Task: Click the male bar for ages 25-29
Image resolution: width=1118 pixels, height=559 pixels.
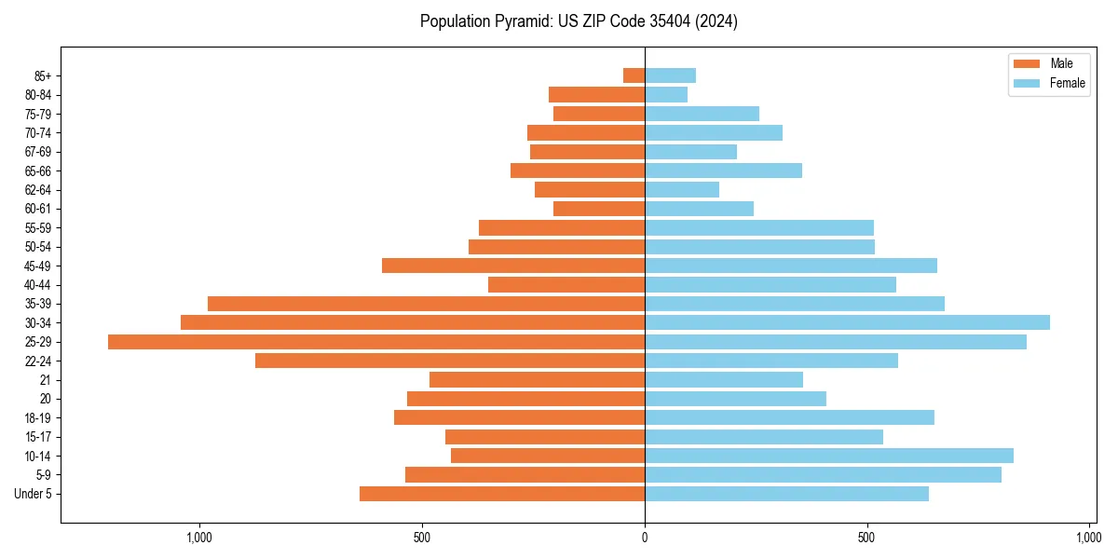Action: (376, 342)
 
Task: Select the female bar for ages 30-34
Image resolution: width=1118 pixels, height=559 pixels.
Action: (847, 322)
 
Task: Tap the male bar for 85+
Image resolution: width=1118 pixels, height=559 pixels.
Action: (634, 75)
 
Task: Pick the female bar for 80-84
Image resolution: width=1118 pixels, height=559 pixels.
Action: (666, 94)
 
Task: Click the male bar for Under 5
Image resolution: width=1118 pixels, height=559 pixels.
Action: (502, 494)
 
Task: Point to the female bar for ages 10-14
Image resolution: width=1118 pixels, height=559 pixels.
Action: (829, 456)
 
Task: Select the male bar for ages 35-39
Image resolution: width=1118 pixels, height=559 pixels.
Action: (426, 304)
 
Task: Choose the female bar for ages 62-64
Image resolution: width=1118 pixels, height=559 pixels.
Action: (682, 189)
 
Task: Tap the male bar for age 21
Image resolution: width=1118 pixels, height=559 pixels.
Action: (537, 379)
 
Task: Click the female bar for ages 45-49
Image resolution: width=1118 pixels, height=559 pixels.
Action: (791, 266)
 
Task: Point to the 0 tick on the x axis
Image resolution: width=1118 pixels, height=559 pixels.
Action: (645, 538)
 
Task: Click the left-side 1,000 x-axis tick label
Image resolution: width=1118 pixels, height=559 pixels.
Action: (199, 538)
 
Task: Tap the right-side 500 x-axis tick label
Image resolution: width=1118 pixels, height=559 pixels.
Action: (866, 538)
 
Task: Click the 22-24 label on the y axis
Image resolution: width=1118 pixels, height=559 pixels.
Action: (38, 361)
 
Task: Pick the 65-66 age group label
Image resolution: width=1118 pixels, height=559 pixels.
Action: (38, 170)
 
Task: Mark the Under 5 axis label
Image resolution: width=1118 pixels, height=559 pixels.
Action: (33, 494)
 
